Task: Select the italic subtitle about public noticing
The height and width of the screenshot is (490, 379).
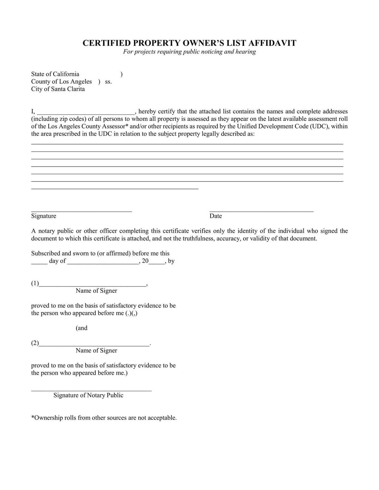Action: tap(189, 52)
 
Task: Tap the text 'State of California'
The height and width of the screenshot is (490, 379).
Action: tap(55, 74)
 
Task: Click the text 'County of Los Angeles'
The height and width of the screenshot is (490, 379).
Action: tap(61, 82)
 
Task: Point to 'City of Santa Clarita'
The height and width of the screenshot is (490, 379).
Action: tap(58, 89)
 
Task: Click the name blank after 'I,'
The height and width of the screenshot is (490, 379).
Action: tap(86, 112)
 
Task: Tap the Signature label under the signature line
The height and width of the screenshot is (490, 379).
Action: tap(44, 216)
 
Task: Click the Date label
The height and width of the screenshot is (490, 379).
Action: tap(216, 216)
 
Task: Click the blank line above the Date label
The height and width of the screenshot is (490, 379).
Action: tap(262, 210)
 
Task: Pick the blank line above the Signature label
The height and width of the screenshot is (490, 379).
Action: tap(81, 210)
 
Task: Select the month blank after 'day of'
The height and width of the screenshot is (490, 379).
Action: tap(103, 262)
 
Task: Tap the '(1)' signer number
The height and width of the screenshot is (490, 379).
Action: tap(35, 283)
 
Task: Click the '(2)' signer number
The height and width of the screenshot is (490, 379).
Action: tap(35, 343)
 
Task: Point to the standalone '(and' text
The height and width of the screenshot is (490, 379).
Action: tap(81, 328)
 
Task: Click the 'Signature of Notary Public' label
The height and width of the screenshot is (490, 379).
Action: tap(88, 395)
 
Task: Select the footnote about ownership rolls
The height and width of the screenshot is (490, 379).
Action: tap(104, 418)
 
